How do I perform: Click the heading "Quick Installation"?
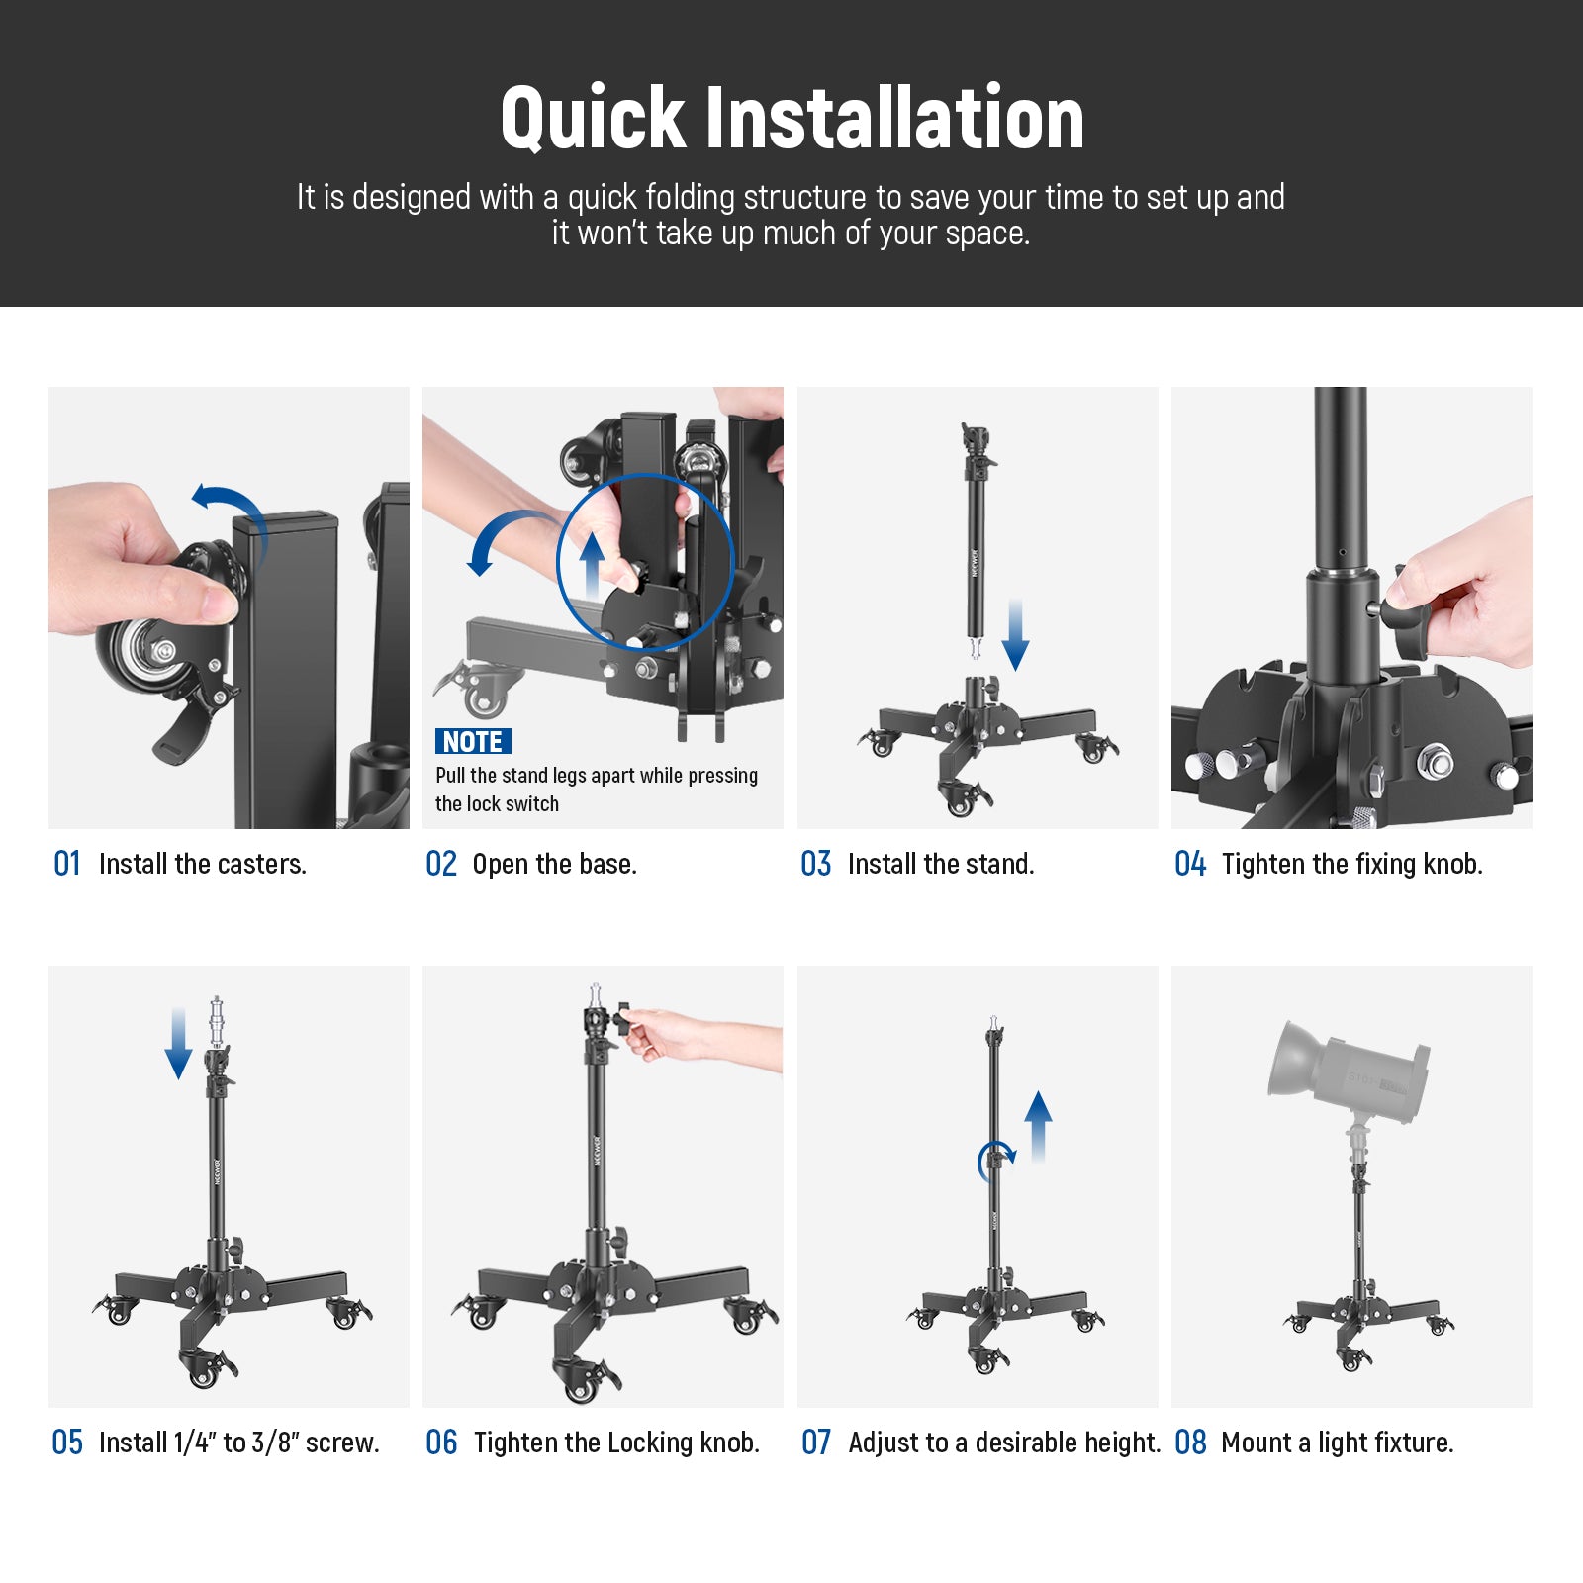pyautogui.click(x=791, y=118)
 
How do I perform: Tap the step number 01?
pyautogui.click(x=66, y=864)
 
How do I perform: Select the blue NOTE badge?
pyautogui.click(x=473, y=741)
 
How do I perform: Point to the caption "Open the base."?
pyautogui.click(x=554, y=864)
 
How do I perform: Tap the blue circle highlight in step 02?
pyautogui.click(x=645, y=562)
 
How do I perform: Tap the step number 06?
pyautogui.click(x=441, y=1443)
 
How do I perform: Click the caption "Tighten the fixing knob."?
pyautogui.click(x=1351, y=864)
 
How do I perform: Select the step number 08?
pyautogui.click(x=1190, y=1443)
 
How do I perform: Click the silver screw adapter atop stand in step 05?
pyautogui.click(x=217, y=1021)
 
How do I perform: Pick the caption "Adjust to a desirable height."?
pyautogui.click(x=1003, y=1443)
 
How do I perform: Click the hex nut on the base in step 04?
pyautogui.click(x=1435, y=762)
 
